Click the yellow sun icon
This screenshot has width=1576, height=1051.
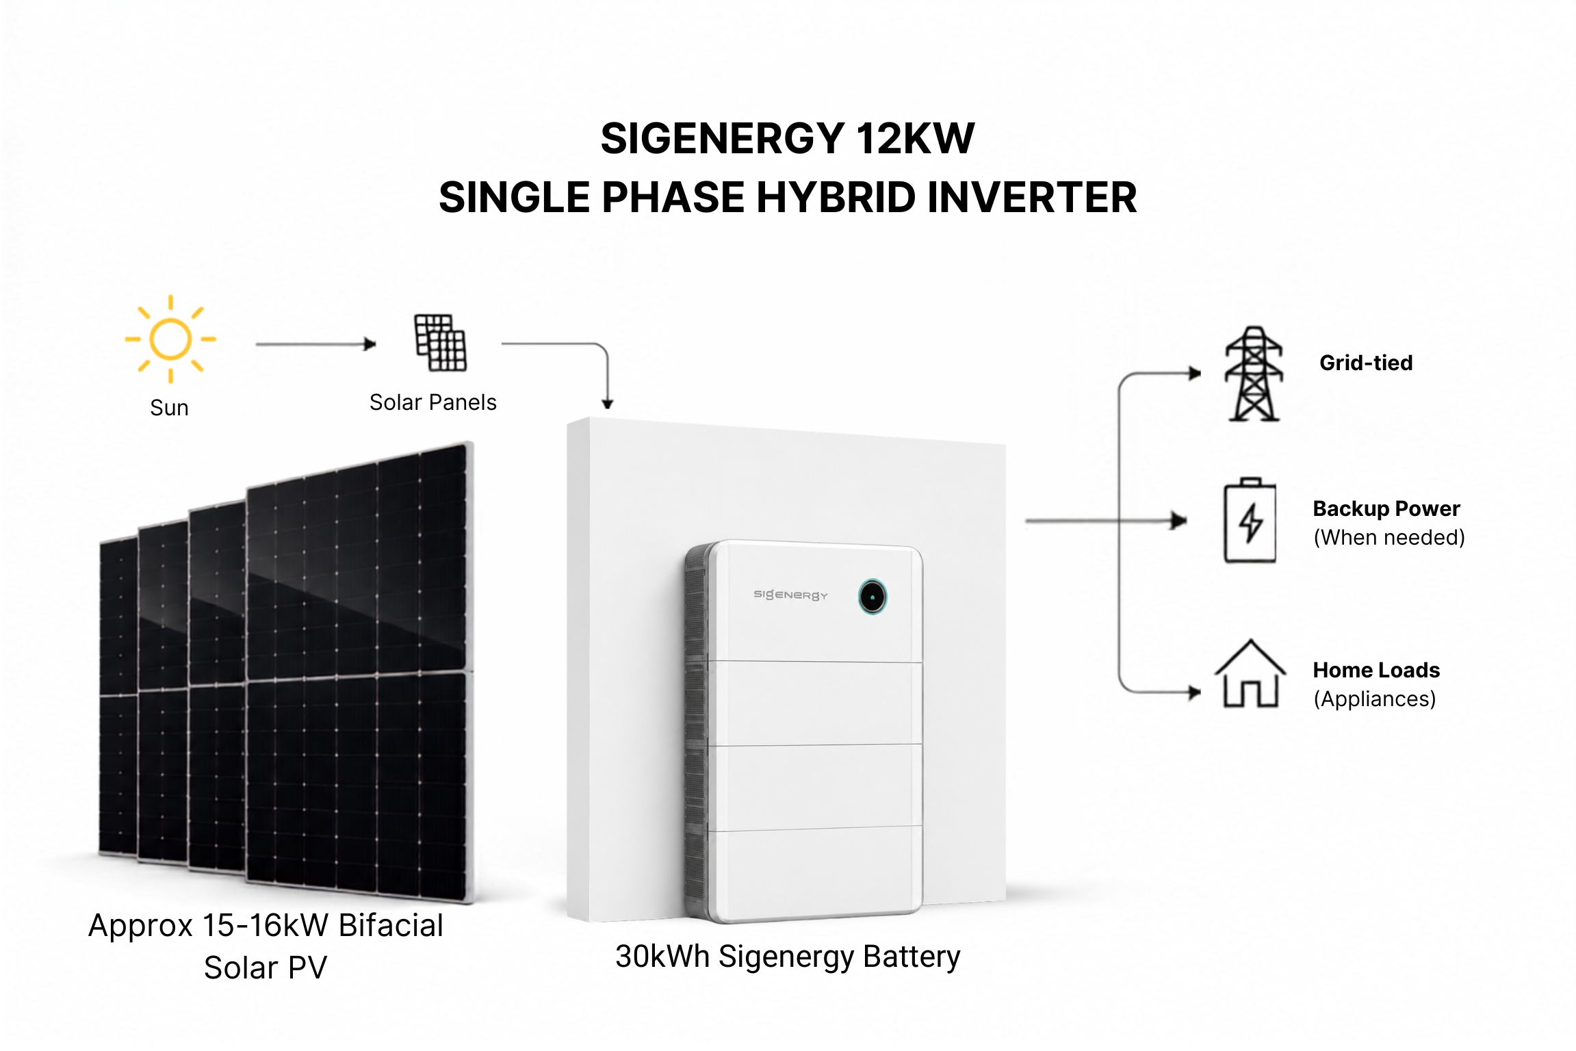(x=170, y=339)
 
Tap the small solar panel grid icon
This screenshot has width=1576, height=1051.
(x=441, y=343)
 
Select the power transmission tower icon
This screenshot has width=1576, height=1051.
(x=1254, y=374)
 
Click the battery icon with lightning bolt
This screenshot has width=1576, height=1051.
(x=1250, y=521)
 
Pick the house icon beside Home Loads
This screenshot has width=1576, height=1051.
(x=1250, y=673)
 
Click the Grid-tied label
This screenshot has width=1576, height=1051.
(x=1366, y=363)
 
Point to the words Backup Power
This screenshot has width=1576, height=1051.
(x=1386, y=508)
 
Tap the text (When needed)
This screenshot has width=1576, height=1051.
(x=1389, y=538)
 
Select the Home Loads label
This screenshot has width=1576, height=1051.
(x=1376, y=670)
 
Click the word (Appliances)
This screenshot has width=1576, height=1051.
(x=1374, y=699)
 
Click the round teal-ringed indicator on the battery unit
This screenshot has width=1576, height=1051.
(x=873, y=597)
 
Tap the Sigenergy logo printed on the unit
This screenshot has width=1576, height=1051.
(x=790, y=595)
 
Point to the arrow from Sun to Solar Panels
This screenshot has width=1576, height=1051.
(x=316, y=344)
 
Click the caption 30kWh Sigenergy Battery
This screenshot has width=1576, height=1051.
(x=788, y=957)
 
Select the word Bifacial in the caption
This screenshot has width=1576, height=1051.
(x=391, y=926)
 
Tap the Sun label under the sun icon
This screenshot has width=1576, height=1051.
(x=169, y=408)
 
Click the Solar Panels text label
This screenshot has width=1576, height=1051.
(x=433, y=402)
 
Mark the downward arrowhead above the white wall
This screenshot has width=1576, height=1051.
(x=607, y=404)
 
